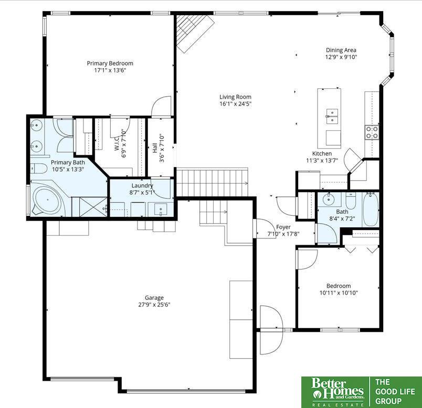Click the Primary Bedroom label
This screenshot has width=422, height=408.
[x=110, y=64]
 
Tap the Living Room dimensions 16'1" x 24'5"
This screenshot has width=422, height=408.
[x=236, y=104]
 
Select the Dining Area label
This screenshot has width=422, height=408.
[x=341, y=50]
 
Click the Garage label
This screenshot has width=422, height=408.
[x=154, y=298]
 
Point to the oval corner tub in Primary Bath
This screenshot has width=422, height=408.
[x=48, y=200]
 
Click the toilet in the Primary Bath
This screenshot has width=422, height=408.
[x=38, y=169]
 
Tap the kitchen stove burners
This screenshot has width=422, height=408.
[x=372, y=132]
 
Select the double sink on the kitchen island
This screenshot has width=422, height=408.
[x=332, y=117]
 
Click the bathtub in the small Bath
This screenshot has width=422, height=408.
[x=371, y=210]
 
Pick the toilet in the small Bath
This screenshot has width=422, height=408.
[x=351, y=200]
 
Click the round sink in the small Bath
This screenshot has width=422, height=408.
[x=329, y=200]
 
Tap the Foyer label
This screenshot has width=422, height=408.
[x=283, y=227]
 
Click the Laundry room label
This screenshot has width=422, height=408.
[x=142, y=185]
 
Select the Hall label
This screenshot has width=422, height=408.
[x=155, y=148]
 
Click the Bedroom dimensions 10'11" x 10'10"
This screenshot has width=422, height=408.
[x=339, y=292]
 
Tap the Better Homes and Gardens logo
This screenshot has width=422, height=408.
[x=337, y=391]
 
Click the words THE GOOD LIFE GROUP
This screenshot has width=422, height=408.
[x=395, y=391]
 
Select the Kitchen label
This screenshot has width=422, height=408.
[x=322, y=153]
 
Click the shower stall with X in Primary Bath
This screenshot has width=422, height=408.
[x=89, y=206]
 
